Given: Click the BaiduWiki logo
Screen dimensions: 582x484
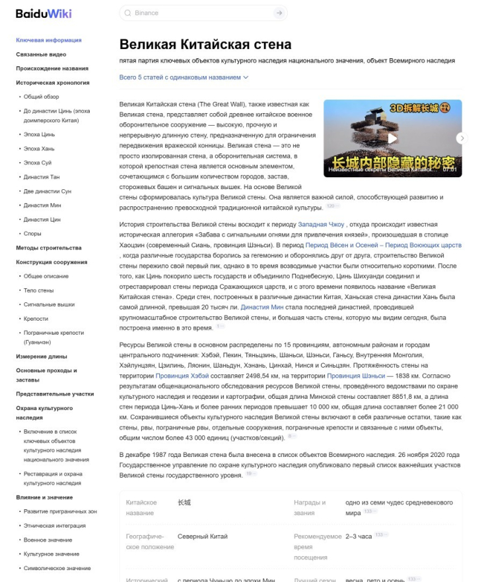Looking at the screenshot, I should [x=44, y=13].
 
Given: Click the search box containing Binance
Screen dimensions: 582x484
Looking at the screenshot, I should [x=198, y=13].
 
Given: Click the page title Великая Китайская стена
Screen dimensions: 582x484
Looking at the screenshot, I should [x=205, y=45].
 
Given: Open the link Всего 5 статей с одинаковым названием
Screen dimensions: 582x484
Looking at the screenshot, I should [x=184, y=77].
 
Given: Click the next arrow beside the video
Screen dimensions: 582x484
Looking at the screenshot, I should [x=462, y=138].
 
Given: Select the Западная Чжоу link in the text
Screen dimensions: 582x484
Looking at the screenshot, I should [x=321, y=225].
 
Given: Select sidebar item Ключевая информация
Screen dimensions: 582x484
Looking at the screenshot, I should [x=48, y=40].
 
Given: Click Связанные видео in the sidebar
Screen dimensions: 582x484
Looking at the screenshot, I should [x=41, y=54].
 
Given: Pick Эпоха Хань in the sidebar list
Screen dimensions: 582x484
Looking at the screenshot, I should [x=39, y=149].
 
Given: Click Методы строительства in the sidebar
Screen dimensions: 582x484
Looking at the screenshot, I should [x=49, y=248].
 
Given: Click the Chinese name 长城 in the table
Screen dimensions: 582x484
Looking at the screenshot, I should [x=184, y=503].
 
